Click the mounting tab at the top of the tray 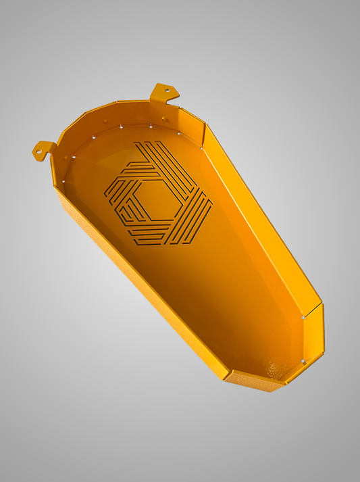(x=163, y=92)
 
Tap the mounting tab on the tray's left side (x=44, y=149)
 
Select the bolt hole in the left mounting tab (x=40, y=147)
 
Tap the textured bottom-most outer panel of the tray (x=253, y=381)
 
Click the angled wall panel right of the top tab (x=192, y=120)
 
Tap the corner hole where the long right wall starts (x=202, y=144)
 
